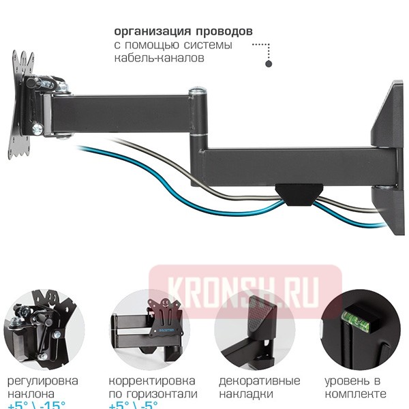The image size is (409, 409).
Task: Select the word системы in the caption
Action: coord(205,46)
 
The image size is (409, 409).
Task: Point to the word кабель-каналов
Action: coord(159,59)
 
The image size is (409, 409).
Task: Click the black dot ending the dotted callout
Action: coord(269,63)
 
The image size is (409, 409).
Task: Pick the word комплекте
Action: coord(355,394)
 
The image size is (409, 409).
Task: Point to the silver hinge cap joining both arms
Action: coord(196,91)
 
